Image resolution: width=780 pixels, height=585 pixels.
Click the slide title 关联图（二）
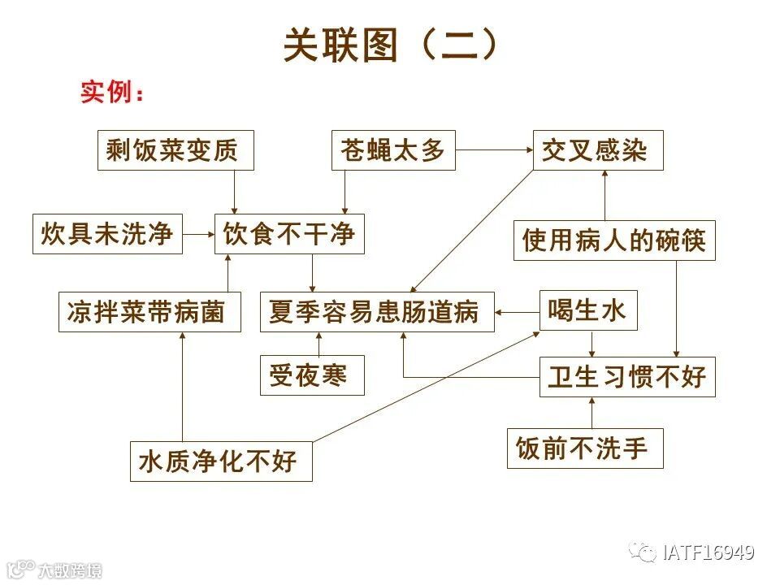click(389, 45)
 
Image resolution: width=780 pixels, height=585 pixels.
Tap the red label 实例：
click(113, 93)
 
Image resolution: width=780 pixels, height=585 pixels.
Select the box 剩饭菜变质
click(175, 150)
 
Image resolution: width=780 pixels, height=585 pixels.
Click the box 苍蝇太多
click(393, 150)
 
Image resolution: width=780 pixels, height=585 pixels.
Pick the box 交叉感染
click(598, 150)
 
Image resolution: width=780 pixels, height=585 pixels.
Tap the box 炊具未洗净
click(107, 234)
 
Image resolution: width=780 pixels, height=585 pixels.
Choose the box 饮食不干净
click(289, 234)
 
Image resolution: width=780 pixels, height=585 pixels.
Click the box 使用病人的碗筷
click(614, 240)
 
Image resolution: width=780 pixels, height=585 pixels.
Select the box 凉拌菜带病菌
click(150, 312)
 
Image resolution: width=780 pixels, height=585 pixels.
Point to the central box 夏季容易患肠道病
click(377, 312)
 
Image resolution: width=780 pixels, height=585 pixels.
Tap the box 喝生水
click(588, 310)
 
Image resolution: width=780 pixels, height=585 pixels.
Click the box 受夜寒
click(312, 375)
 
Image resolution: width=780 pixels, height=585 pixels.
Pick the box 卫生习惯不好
click(627, 377)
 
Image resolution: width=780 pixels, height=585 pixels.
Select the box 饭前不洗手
click(585, 448)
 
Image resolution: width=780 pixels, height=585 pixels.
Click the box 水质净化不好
click(221, 461)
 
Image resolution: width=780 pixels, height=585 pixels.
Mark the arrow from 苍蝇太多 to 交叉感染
click(494, 150)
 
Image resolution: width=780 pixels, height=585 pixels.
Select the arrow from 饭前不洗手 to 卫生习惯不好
click(591, 413)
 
